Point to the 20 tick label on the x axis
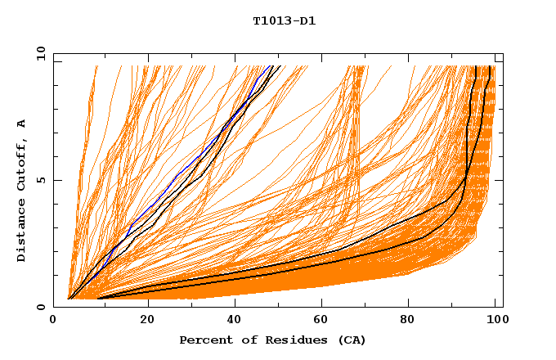pyautogui.click(x=147, y=321)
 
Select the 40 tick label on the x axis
pyautogui.click(x=235, y=321)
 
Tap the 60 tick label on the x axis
pyautogui.click(x=325, y=321)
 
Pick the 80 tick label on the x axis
pyautogui.click(x=413, y=321)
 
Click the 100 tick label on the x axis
pyautogui.click(x=493, y=321)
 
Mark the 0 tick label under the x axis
pyautogui.click(x=54, y=321)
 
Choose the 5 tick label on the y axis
pyautogui.click(x=40, y=180)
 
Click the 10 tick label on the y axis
pyautogui.click(x=38, y=53)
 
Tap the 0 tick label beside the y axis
pyautogui.click(x=40, y=307)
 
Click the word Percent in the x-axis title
pyautogui.click(x=202, y=340)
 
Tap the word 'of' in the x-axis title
pyautogui.click(x=239, y=340)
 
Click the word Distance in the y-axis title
pyautogui.click(x=22, y=233)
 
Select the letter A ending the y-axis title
pyautogui.click(x=22, y=123)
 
